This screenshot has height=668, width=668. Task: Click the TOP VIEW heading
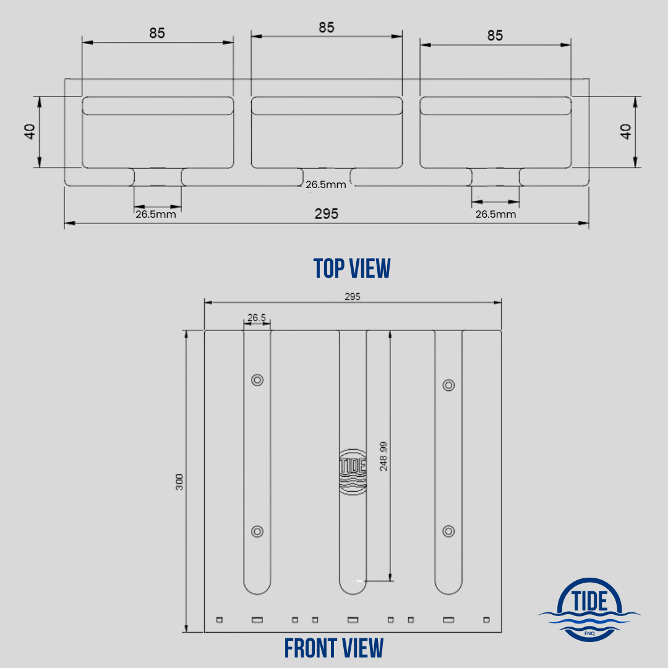352,268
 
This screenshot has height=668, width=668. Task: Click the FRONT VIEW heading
334,648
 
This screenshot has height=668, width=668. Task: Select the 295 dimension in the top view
327,213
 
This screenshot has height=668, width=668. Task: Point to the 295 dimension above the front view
352,296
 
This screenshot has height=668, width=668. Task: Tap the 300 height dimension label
179,482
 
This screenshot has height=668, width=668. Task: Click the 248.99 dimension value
383,456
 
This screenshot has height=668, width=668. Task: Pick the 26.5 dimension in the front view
257,318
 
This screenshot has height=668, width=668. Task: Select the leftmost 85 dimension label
157,33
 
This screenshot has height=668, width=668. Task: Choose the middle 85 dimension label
327,27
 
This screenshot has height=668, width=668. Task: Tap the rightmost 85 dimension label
495,35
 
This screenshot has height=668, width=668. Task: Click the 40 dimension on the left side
30,131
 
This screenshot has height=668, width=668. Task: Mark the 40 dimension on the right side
626,131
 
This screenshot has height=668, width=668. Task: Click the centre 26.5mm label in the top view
326,184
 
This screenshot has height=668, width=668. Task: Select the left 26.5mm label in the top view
156,215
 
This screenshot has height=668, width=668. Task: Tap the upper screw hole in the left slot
257,380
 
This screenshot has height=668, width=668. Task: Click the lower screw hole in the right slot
449,531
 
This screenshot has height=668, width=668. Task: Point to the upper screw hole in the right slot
449,385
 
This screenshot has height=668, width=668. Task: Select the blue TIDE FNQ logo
589,609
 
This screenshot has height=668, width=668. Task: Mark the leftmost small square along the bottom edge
218,619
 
